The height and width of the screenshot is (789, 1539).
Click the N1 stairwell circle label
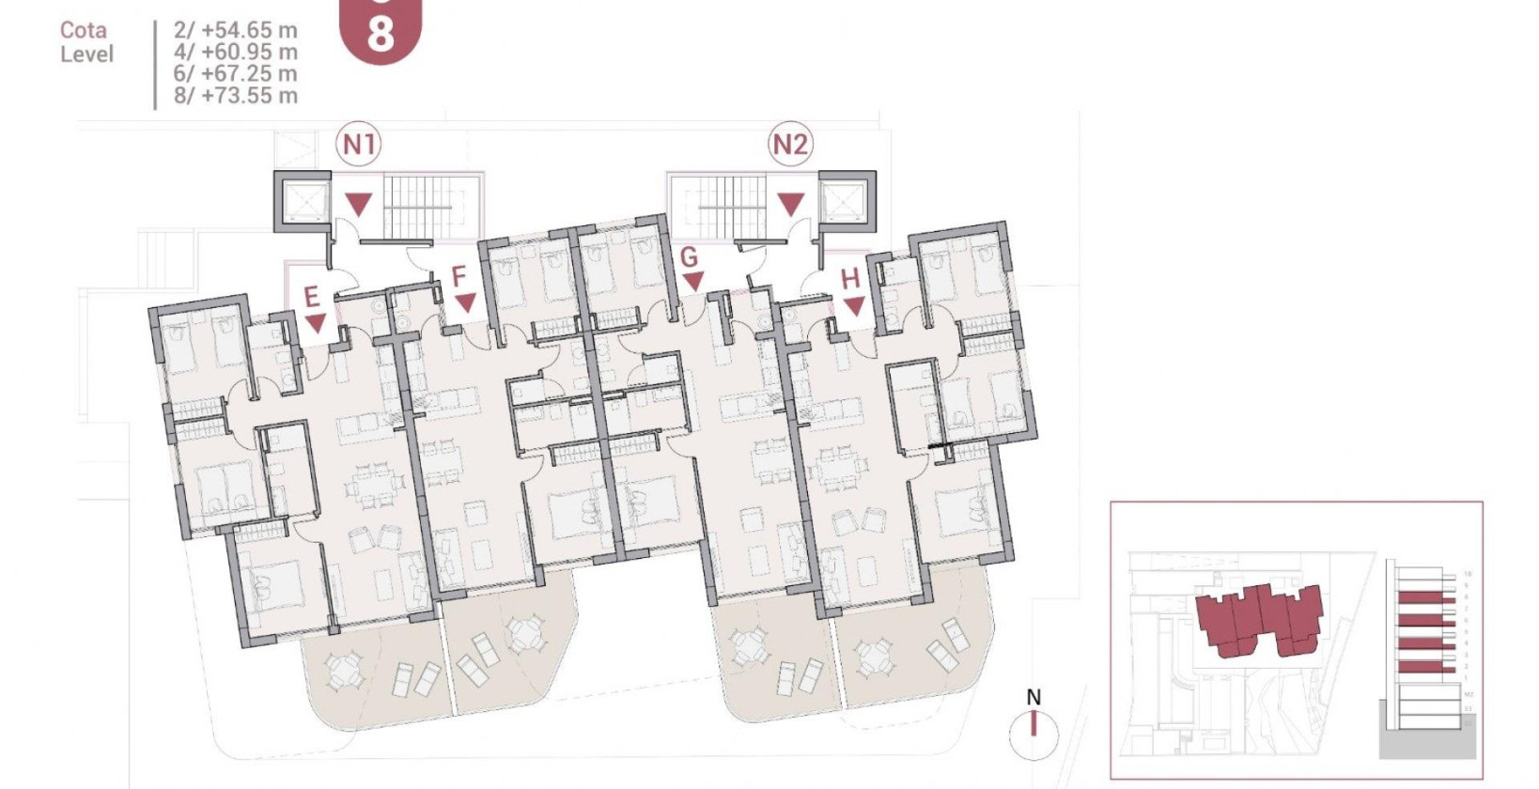pyautogui.click(x=359, y=145)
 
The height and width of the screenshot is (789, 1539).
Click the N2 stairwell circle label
pyautogui.click(x=789, y=145)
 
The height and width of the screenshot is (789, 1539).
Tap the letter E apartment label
pyautogui.click(x=312, y=297)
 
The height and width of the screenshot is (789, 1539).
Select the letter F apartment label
pyautogui.click(x=459, y=276)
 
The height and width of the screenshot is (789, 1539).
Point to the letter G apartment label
pyautogui.click(x=689, y=256)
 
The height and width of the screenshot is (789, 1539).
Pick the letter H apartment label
pyautogui.click(x=850, y=279)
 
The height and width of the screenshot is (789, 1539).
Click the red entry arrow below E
pyautogui.click(x=316, y=323)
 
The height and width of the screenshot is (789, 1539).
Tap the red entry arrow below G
pyautogui.click(x=693, y=281)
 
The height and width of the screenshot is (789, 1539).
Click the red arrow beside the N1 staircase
pyautogui.click(x=359, y=204)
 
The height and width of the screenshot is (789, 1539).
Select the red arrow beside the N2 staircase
pyautogui.click(x=790, y=204)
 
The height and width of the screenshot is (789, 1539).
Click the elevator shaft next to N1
pyautogui.click(x=303, y=201)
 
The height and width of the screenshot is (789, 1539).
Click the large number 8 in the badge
pyautogui.click(x=380, y=35)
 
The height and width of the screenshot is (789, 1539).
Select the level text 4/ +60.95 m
pyautogui.click(x=235, y=52)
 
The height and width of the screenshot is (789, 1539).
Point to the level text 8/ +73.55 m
pyautogui.click(x=235, y=95)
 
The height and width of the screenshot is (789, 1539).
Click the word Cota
pyautogui.click(x=84, y=30)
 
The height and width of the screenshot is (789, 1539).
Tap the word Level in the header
pyautogui.click(x=86, y=54)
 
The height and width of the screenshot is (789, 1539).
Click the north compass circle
pyautogui.click(x=1034, y=734)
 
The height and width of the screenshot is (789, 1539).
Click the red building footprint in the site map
pyautogui.click(x=1260, y=616)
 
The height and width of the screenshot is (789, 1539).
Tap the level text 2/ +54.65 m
pyautogui.click(x=235, y=30)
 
